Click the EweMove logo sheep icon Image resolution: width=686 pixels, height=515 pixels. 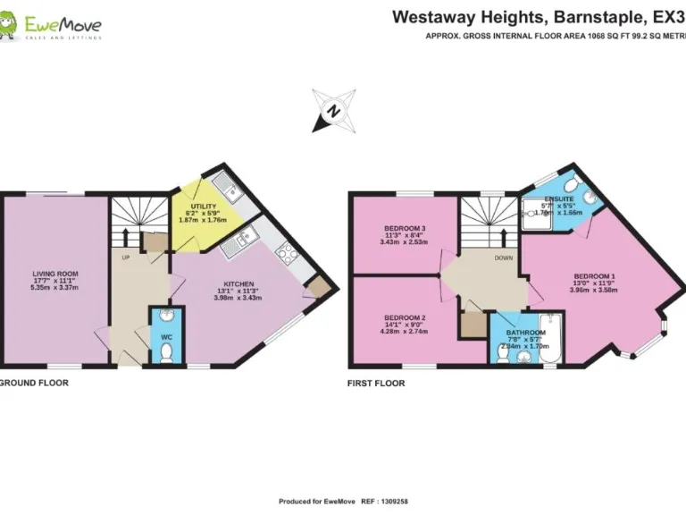coord(10,26)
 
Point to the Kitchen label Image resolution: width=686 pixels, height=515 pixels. coord(238,285)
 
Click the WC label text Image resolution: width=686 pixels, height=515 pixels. coord(166,336)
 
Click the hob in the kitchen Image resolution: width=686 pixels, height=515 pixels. coord(288,254)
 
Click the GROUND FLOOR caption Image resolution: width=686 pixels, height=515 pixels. coord(33,383)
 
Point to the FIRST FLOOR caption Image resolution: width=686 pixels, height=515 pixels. coord(376,383)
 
